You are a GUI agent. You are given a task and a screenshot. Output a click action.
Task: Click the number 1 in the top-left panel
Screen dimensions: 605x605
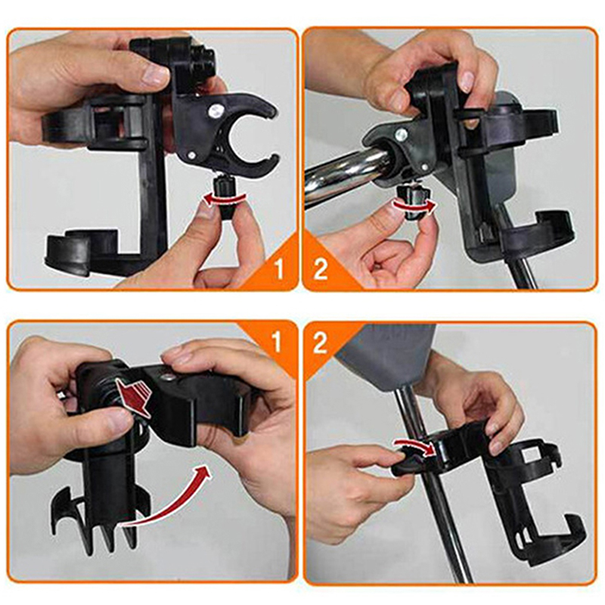tap(279, 269)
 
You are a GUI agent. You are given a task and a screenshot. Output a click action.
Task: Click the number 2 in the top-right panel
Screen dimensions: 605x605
tap(321, 269)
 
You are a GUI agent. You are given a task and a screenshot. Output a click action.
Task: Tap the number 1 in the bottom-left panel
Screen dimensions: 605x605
tap(276, 343)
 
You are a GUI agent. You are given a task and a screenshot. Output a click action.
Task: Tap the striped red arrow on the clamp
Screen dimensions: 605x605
tap(133, 396)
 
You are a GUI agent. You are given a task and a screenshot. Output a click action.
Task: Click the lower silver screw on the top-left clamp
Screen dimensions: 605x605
tap(192, 155)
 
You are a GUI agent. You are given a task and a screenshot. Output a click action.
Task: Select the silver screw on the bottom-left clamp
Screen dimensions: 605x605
tap(166, 377)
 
